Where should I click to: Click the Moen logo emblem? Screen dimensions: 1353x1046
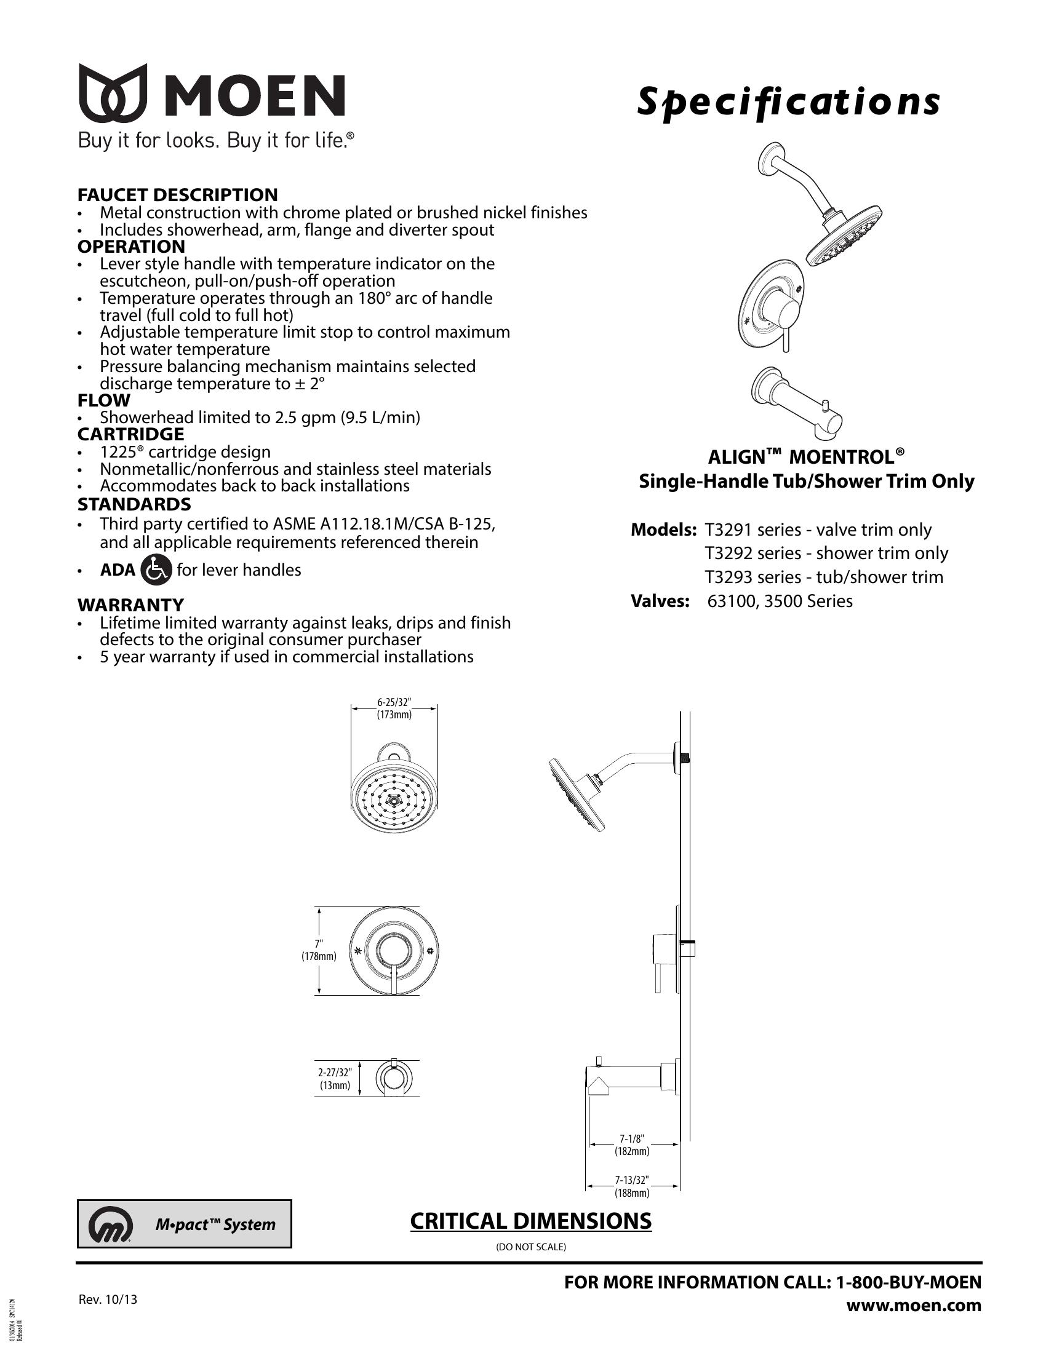(113, 92)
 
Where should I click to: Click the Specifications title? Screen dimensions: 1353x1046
(788, 102)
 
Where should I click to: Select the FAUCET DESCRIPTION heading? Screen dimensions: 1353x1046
(177, 194)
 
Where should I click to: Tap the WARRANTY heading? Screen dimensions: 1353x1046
(130, 604)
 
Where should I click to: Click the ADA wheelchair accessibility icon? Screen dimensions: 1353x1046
(156, 570)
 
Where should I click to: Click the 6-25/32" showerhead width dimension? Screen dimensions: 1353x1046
(394, 707)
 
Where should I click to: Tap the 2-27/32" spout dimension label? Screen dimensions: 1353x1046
(335, 1079)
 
